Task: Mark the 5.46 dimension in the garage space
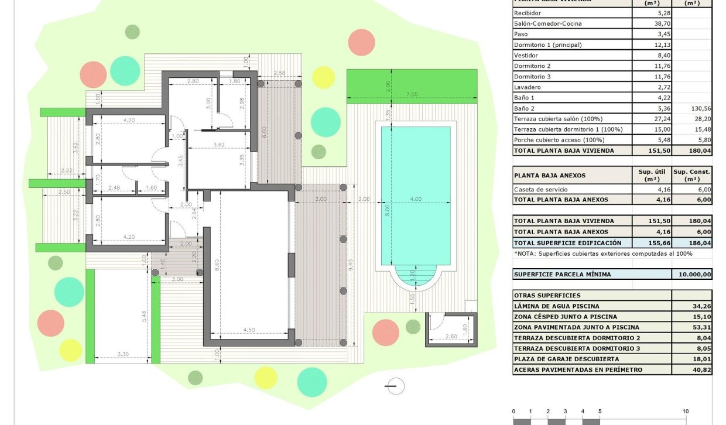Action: [144, 317]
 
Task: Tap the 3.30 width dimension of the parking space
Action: [123, 354]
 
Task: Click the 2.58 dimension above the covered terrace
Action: [279, 73]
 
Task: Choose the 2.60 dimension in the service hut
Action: [451, 336]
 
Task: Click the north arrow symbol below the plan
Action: [396, 386]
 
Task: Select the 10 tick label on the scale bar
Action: [685, 411]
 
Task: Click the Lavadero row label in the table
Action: [528, 87]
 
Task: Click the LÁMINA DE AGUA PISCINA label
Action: [556, 306]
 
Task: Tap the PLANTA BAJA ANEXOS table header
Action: [549, 175]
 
